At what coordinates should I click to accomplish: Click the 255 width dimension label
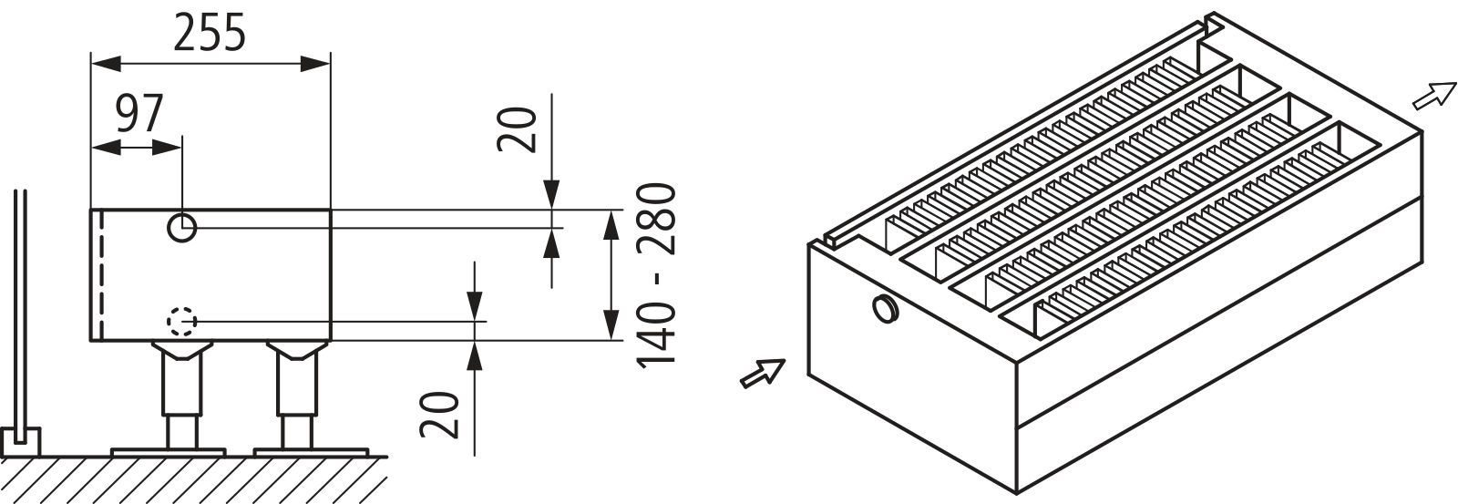(x=210, y=33)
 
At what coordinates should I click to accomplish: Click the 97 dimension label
(x=139, y=114)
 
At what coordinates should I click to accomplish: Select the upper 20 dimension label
(x=518, y=129)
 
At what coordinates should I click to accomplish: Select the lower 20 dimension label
(x=440, y=415)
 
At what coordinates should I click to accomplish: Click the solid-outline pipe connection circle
(x=181, y=228)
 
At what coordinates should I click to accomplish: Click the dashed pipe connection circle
(x=181, y=322)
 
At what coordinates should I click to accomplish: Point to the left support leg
(x=181, y=396)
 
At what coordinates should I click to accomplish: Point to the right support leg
(x=297, y=396)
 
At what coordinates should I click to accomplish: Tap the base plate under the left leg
(x=169, y=452)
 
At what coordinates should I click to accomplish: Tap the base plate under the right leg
(x=311, y=452)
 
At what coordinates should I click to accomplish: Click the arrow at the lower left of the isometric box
(x=763, y=373)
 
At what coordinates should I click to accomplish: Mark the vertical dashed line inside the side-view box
(x=101, y=275)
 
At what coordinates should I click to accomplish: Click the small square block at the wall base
(x=20, y=442)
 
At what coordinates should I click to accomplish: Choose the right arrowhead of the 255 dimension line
(x=315, y=64)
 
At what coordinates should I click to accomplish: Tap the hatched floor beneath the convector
(x=194, y=480)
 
